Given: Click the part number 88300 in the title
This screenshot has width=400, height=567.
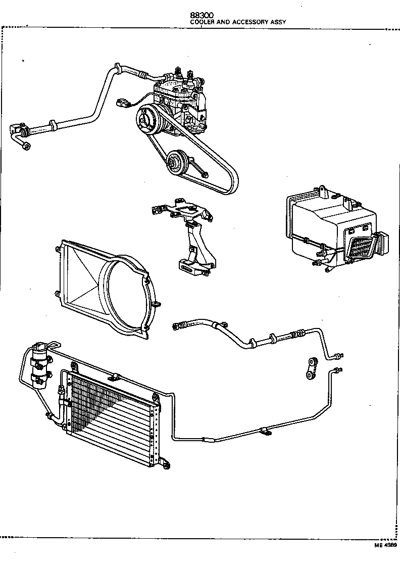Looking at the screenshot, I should tap(201, 16).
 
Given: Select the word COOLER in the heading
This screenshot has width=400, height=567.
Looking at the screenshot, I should tap(201, 22).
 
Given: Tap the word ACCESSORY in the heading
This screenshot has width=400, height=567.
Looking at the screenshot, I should tap(247, 22).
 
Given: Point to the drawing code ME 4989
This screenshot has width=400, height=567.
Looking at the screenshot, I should tap(385, 546).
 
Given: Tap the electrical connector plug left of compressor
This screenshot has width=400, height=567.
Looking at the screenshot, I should tap(121, 104).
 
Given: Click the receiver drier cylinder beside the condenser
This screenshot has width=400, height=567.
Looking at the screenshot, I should tap(40, 365).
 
